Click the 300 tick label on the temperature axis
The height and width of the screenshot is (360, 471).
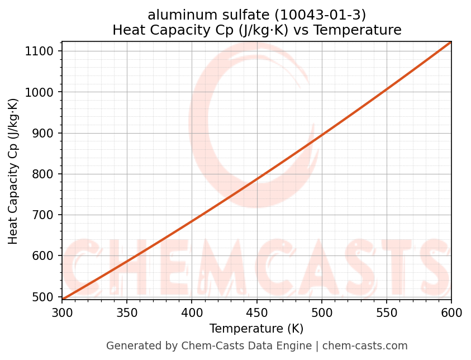pos(62,313)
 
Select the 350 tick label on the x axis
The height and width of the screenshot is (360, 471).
pos(127,313)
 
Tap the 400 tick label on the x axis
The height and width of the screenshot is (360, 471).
pos(192,313)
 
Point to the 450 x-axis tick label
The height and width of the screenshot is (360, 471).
pos(256,313)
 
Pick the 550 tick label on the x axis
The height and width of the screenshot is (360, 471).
pos(386,313)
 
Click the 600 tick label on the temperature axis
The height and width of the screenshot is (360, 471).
pos(451,313)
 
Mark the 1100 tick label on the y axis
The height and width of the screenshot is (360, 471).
pos(43,51)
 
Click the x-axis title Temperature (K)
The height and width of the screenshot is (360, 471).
pos(256,329)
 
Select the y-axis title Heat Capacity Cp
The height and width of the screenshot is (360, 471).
pos(13,171)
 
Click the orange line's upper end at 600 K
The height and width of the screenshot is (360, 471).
pos(450,42)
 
